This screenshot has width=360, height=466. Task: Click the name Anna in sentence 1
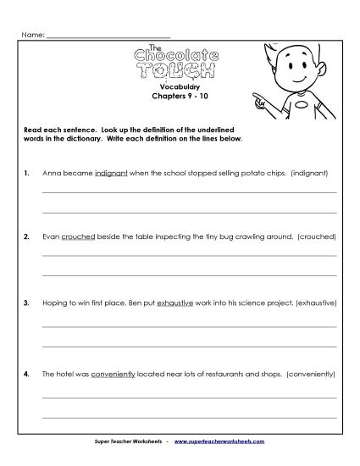52,174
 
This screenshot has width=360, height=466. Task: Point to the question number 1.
27,174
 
